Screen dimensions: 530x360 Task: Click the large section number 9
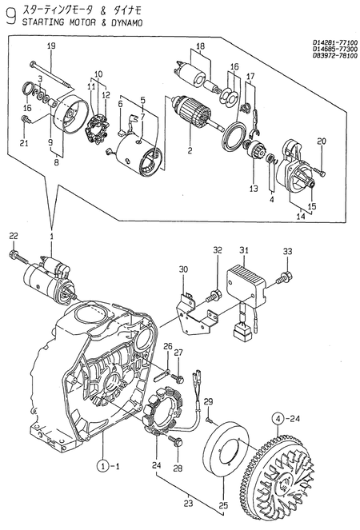pyautogui.click(x=10, y=18)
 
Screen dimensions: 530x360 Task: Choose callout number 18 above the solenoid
pyautogui.click(x=200, y=46)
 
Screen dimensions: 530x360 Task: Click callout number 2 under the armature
pyautogui.click(x=190, y=149)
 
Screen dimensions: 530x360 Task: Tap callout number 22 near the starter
pyautogui.click(x=13, y=235)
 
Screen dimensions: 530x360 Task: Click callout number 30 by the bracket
pyautogui.click(x=182, y=269)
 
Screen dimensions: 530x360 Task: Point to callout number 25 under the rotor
pyautogui.click(x=223, y=505)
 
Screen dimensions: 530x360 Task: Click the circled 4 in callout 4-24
pyautogui.click(x=276, y=416)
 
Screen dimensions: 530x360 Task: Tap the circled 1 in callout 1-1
pyautogui.click(x=103, y=464)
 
